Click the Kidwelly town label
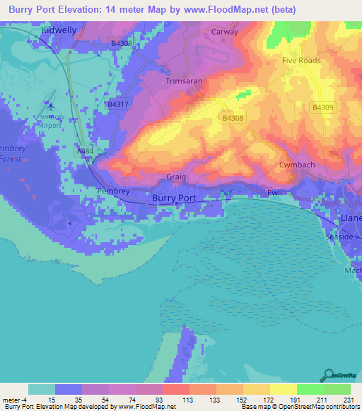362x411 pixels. (40, 32)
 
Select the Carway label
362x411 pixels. (225, 32)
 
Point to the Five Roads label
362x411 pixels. (302, 60)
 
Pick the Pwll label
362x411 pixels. (274, 192)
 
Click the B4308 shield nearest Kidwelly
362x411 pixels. (121, 43)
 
